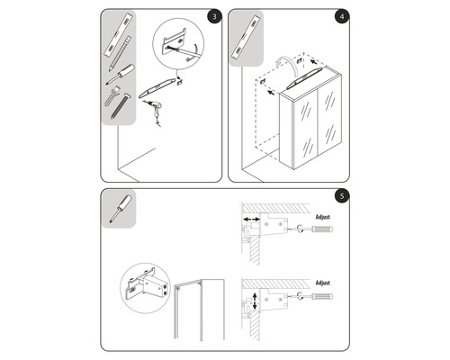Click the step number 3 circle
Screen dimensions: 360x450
click(211, 16)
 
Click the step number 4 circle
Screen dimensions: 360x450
click(340, 16)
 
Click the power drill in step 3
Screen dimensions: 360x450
click(156, 109)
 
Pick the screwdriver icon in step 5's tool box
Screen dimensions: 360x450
click(116, 208)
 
